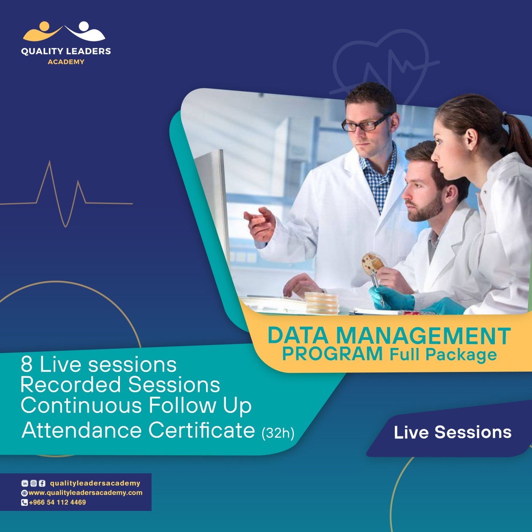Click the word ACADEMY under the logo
click(66, 62)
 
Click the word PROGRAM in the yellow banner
click(332, 354)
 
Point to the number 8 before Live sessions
click(27, 365)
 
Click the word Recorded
click(71, 385)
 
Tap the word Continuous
click(81, 405)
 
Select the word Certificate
click(201, 430)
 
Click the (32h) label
click(278, 433)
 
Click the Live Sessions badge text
click(453, 432)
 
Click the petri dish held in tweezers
click(372, 263)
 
